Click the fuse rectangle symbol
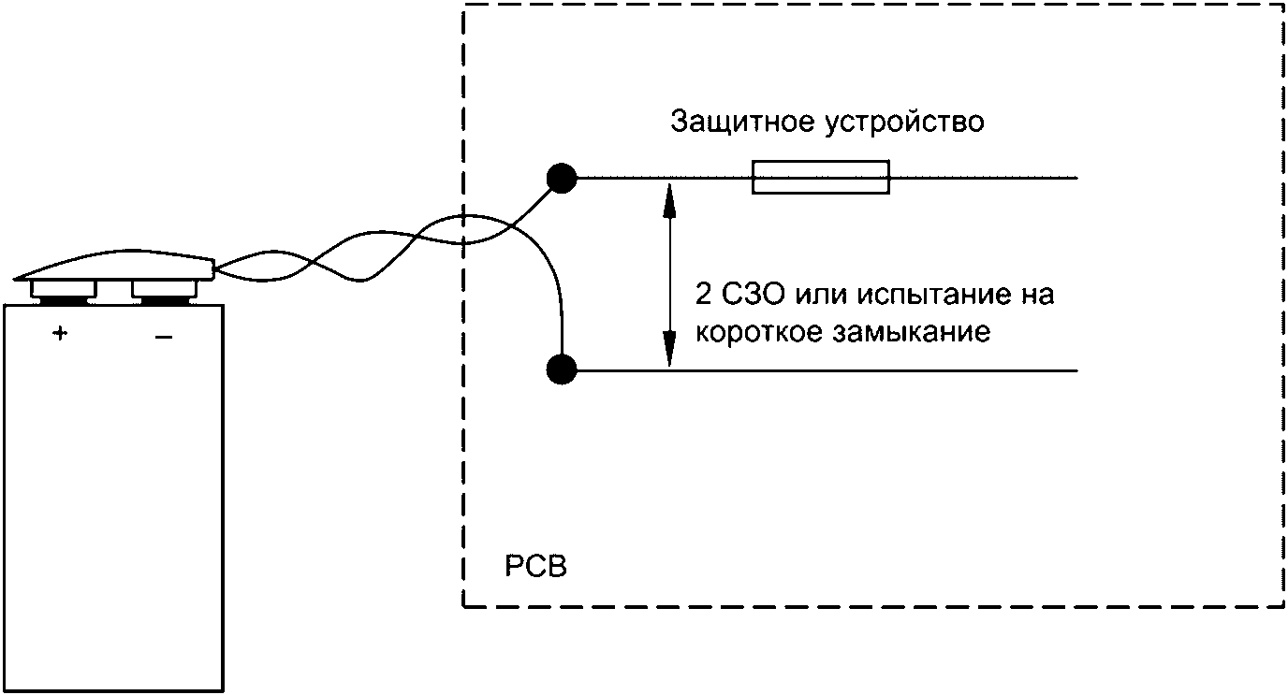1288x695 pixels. (x=821, y=178)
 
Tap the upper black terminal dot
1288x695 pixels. (x=562, y=178)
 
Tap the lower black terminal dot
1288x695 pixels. (x=562, y=370)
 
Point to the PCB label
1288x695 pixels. (x=535, y=568)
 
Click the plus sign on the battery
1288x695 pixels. (x=61, y=334)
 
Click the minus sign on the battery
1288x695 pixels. (x=163, y=336)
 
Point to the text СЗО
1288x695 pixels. (x=754, y=296)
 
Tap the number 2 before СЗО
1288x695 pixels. (x=703, y=296)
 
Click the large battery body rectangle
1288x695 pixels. (x=113, y=505)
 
